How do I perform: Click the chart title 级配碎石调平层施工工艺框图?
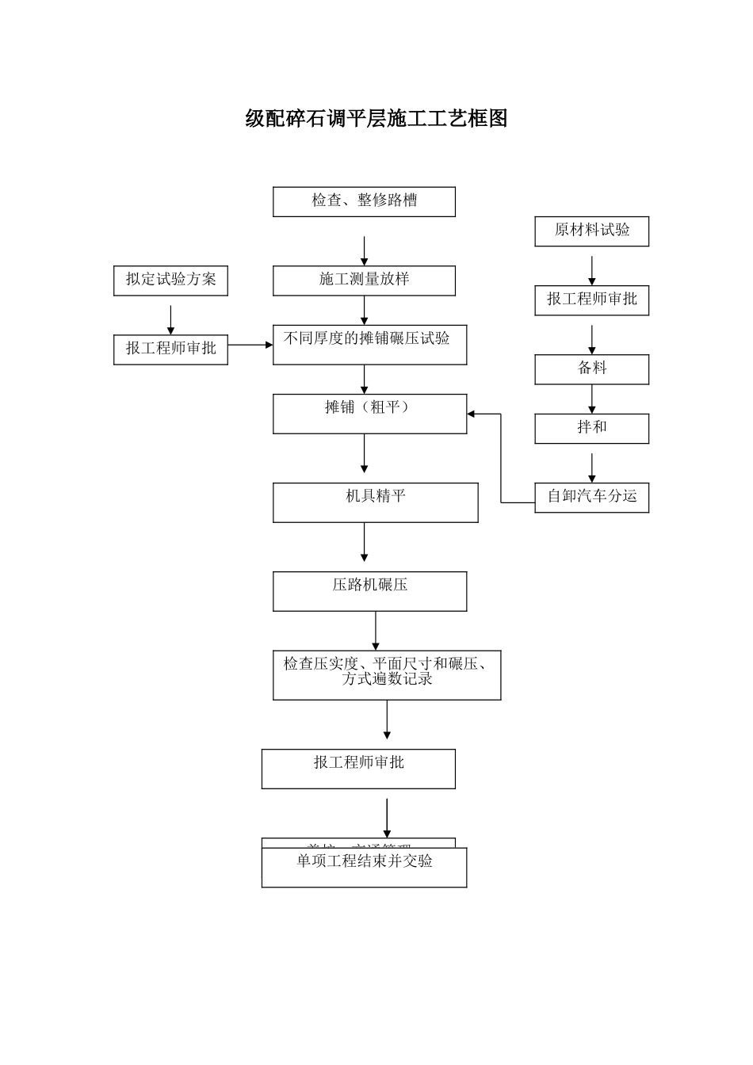point(376,119)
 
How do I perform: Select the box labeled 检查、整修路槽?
point(364,201)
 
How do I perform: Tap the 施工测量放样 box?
point(364,281)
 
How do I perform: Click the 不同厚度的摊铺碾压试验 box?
point(369,345)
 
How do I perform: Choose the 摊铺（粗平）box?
point(369,414)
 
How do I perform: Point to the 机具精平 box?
point(375,502)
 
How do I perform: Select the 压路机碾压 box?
point(369,591)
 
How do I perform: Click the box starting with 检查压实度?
point(387,675)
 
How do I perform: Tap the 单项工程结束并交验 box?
point(364,867)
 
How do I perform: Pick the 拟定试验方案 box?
point(170,281)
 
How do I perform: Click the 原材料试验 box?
point(591,231)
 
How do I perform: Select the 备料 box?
point(591,369)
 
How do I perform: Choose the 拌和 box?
point(591,428)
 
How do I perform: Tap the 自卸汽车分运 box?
point(591,497)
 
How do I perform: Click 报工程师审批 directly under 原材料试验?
point(591,300)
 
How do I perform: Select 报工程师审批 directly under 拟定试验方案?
point(170,349)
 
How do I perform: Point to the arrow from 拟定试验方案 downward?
point(170,319)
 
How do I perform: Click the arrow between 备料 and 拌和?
point(591,399)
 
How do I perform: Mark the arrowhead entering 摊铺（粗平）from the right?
point(472,414)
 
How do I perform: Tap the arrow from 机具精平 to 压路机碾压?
point(364,542)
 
